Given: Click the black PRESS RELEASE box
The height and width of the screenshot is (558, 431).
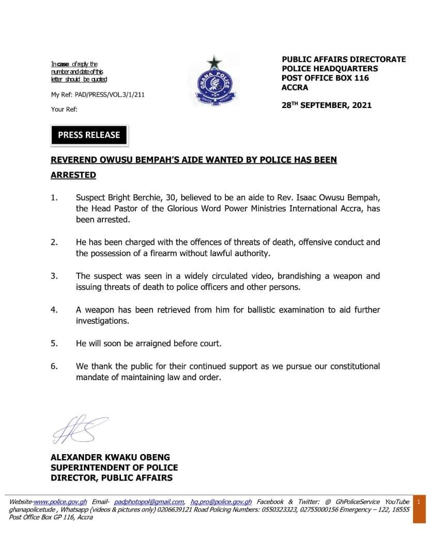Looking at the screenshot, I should pyautogui.click(x=89, y=135).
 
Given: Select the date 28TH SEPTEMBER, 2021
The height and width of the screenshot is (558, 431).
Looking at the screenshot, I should pyautogui.click(x=327, y=105).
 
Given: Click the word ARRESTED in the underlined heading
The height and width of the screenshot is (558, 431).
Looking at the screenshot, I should pyautogui.click(x=73, y=175).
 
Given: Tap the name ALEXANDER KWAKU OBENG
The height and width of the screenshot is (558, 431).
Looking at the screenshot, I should pyautogui.click(x=110, y=457).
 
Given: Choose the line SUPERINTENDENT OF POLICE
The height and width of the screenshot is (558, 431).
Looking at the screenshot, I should pyautogui.click(x=114, y=468).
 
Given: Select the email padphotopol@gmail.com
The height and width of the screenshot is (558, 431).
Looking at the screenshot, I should pyautogui.click(x=149, y=502).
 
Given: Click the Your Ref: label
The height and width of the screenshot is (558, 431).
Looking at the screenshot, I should pyautogui.click(x=64, y=109).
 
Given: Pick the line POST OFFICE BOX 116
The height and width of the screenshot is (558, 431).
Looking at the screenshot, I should pyautogui.click(x=325, y=78).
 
